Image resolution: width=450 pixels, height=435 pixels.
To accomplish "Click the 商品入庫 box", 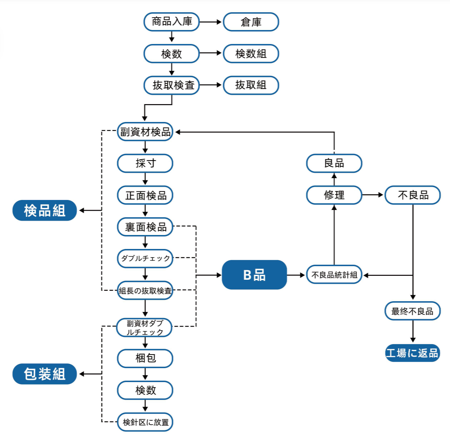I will [172, 22].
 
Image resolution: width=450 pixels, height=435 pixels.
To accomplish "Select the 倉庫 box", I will [251, 22].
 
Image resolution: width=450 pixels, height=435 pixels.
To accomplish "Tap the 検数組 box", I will [251, 54].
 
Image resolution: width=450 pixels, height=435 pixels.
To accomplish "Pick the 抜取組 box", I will [251, 85].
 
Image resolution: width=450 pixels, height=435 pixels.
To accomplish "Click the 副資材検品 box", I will [145, 132].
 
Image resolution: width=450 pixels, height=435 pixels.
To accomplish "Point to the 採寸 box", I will [145, 163].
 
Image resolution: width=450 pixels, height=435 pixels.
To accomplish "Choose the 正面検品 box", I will [145, 195].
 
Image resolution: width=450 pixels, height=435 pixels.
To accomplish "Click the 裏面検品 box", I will [145, 227].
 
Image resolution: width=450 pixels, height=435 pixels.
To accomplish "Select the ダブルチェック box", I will [145, 258].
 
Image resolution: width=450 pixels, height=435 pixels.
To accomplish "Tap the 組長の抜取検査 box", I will [145, 290].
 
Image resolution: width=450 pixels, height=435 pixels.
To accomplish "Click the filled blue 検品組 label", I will [45, 210].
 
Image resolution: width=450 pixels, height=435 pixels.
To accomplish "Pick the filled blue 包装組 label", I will [45, 374].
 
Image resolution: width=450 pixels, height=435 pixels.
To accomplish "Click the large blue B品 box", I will [254, 275].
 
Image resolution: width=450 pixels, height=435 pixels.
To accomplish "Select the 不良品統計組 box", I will [334, 275].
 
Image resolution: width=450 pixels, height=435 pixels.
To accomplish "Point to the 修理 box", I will [334, 195].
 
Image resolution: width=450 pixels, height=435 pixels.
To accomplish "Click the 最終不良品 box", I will [412, 311].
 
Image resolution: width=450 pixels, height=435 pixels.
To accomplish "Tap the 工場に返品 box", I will [412, 353].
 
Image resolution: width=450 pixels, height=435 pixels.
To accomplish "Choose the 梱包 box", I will [145, 358].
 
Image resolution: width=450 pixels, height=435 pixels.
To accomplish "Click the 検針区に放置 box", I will [145, 422].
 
